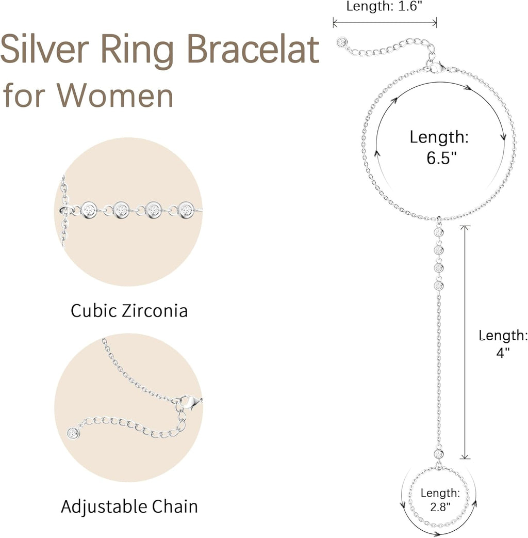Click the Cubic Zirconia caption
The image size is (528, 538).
129,311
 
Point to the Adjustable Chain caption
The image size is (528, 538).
129,506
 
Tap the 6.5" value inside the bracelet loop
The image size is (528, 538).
441,157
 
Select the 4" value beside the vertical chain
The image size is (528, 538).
503,352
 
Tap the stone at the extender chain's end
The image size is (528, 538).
341,42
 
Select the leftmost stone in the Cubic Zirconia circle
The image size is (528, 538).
89,209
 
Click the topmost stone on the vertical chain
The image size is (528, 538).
439,232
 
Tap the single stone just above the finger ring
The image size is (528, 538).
439,454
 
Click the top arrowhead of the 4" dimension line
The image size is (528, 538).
466,228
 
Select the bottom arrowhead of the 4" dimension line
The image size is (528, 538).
466,456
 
